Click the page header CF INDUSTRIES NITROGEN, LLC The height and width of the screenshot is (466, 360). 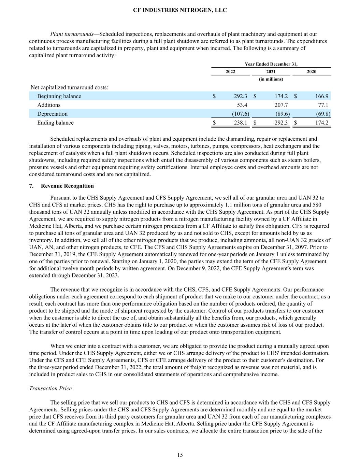click(x=180, y=10)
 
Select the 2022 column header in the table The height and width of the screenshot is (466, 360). click(x=231, y=72)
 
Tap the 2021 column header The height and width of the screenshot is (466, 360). click(x=271, y=72)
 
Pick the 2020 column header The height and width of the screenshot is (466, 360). click(x=311, y=72)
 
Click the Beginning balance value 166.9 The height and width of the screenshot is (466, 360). click(x=322, y=96)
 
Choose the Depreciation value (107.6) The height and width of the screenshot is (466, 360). click(x=241, y=114)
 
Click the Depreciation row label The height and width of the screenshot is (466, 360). click(x=52, y=114)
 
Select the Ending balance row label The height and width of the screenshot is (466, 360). click(x=55, y=123)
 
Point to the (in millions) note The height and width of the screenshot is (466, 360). click(x=271, y=79)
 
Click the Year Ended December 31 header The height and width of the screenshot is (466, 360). click(x=271, y=64)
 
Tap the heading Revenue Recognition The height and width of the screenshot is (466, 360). click(x=67, y=186)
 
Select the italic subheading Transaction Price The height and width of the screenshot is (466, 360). click(x=51, y=389)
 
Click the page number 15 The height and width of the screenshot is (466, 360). click(x=180, y=455)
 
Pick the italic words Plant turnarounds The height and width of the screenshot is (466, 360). click(x=72, y=34)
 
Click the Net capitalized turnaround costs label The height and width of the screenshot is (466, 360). click(x=69, y=87)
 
